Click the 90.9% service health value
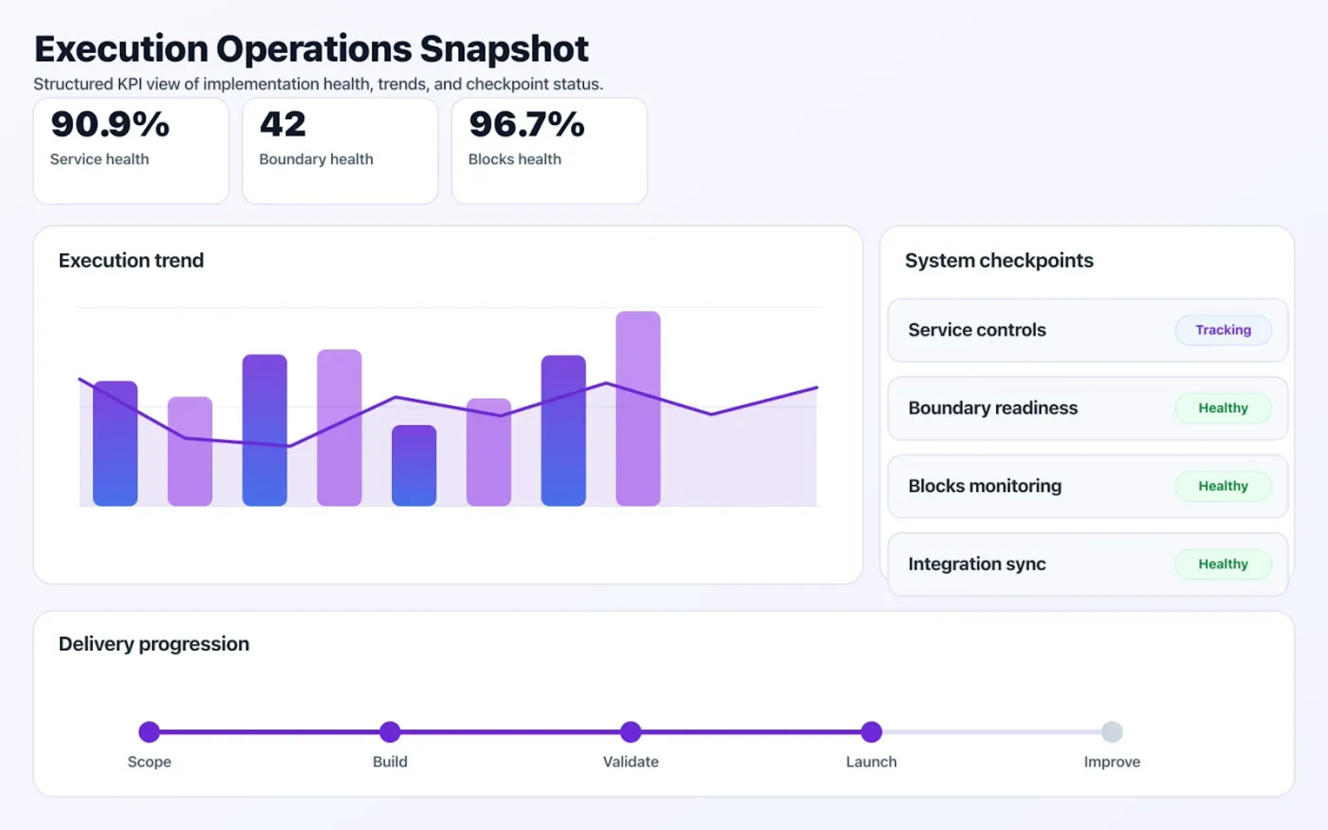[x=110, y=124]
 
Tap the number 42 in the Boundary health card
[x=283, y=124]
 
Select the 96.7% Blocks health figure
[x=527, y=124]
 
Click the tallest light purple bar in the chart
[x=638, y=409]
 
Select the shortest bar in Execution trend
[x=414, y=465]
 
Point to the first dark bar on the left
[x=115, y=444]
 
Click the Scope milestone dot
[x=149, y=732]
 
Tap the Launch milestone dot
[x=871, y=732]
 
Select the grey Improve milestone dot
[x=1112, y=732]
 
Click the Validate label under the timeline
[x=630, y=762]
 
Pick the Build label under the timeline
[x=390, y=762]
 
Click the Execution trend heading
[x=131, y=260]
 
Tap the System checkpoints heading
[x=999, y=260]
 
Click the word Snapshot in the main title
[x=504, y=49]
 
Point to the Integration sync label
[x=977, y=564]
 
